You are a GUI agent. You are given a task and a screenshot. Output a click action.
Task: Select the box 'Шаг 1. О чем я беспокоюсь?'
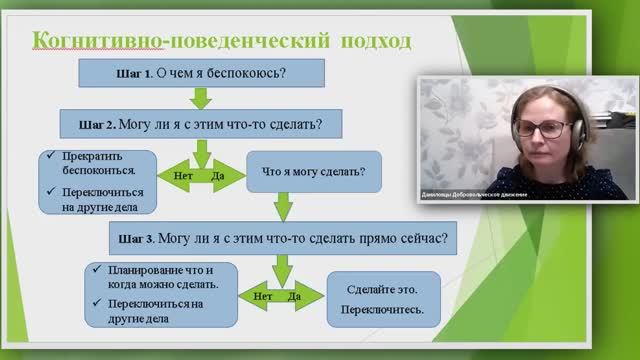tap(201, 73)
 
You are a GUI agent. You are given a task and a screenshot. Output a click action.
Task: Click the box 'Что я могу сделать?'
tap(313, 171)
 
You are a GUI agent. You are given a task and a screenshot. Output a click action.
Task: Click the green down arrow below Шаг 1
tap(200, 98)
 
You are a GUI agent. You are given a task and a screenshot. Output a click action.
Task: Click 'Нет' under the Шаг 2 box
tap(183, 175)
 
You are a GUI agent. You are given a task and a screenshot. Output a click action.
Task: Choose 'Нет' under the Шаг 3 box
tap(263, 296)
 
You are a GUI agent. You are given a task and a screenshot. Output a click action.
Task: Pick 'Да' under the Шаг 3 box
tap(295, 296)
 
